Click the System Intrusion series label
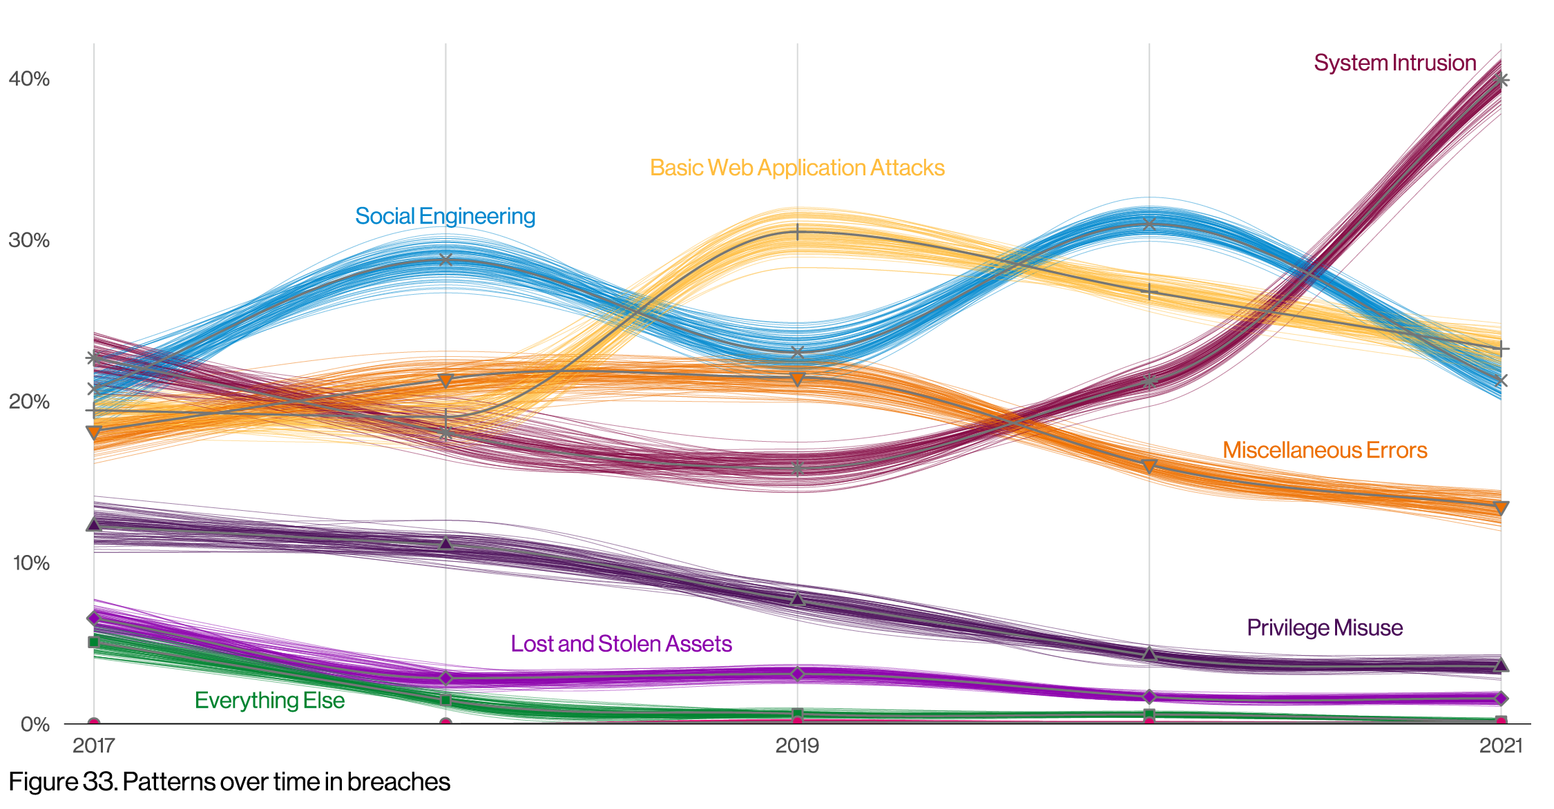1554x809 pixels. tap(1394, 63)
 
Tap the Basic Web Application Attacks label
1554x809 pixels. tap(797, 168)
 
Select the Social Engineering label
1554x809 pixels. tap(445, 216)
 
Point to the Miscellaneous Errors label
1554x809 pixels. tap(1324, 450)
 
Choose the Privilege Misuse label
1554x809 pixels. tap(1324, 627)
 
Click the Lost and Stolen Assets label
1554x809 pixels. tap(621, 643)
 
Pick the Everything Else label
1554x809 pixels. tap(269, 700)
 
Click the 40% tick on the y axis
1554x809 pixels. tap(29, 79)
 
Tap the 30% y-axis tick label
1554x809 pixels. tap(29, 240)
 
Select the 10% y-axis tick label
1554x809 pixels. tap(31, 563)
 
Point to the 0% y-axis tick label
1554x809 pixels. tap(35, 724)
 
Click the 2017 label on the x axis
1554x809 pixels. tap(94, 745)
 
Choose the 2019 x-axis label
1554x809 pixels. tap(797, 745)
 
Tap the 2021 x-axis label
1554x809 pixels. tap(1500, 745)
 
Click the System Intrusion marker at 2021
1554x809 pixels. tap(1500, 80)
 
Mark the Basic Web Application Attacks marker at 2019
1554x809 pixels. tap(798, 232)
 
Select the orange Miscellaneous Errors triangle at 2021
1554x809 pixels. tap(1500, 508)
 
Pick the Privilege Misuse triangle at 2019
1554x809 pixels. tap(798, 599)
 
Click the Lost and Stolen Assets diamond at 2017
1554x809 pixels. tap(94, 618)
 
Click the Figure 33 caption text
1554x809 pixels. tap(229, 782)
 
